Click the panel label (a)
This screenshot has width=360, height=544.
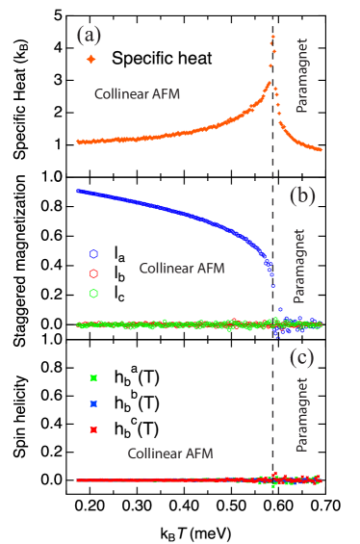pos(89,36)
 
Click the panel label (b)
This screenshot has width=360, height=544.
pos(302,196)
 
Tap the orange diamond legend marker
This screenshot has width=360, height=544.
pos(91,60)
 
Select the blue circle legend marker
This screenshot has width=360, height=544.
pos(93,254)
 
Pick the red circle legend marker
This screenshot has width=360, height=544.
pos(93,273)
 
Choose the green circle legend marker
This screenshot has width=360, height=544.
pos(93,294)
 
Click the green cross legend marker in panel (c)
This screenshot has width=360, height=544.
pos(93,377)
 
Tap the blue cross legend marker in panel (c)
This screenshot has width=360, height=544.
pos(93,403)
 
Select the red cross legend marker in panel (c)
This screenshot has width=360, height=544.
pos(93,429)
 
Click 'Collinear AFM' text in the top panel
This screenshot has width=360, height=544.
pos(137,94)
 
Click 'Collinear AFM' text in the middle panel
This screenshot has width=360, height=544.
pos(182,268)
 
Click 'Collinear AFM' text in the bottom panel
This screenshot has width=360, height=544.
pos(170,453)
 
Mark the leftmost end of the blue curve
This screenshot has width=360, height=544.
pos(78,191)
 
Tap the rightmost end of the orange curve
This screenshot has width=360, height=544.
pos(321,149)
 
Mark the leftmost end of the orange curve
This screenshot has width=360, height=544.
pos(78,142)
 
